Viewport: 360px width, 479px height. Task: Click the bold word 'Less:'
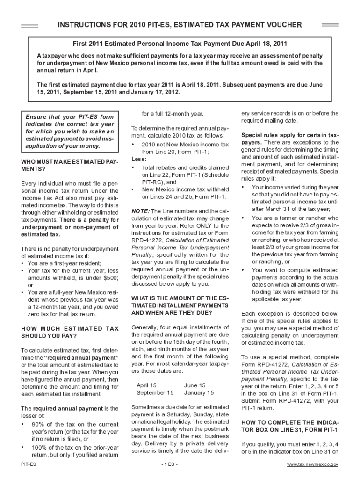[x=139, y=159]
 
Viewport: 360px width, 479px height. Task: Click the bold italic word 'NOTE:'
[x=140, y=211]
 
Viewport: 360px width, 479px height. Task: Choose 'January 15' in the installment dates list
[x=199, y=392]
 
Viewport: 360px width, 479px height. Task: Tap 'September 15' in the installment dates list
[x=155, y=392]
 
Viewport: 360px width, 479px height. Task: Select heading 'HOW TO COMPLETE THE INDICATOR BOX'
[x=290, y=426]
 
